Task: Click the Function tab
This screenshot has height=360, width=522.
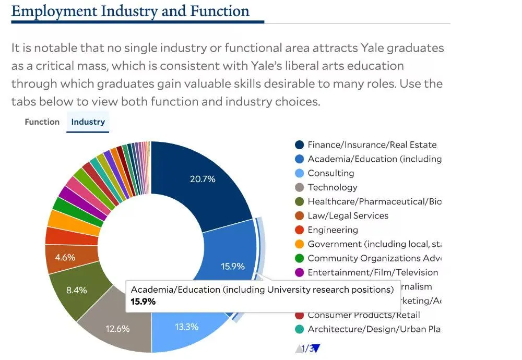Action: click(x=42, y=122)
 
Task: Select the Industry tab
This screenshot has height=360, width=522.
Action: click(x=88, y=122)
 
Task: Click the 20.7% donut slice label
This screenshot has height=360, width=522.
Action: click(x=203, y=179)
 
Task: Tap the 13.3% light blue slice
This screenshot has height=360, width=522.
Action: click(x=186, y=327)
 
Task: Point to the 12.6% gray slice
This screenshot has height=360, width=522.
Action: click(x=117, y=329)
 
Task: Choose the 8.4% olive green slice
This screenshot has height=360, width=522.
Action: click(x=76, y=291)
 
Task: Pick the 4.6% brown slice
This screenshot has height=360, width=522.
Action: click(x=65, y=257)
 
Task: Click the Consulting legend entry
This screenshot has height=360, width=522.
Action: click(x=330, y=173)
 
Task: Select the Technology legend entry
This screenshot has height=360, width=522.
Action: click(x=332, y=187)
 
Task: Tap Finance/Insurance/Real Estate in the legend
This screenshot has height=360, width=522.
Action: click(x=372, y=145)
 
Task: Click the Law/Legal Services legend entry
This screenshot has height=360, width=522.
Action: click(x=348, y=215)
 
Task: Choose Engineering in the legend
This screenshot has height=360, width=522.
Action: click(x=333, y=230)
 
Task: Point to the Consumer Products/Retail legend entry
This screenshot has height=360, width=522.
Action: click(x=363, y=315)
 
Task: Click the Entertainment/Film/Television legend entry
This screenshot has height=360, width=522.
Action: click(x=373, y=272)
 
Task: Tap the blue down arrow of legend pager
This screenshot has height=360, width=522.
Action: click(x=316, y=349)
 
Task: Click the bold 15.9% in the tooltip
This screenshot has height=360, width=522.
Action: click(x=143, y=302)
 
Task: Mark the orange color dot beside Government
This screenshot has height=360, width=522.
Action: click(x=299, y=244)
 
